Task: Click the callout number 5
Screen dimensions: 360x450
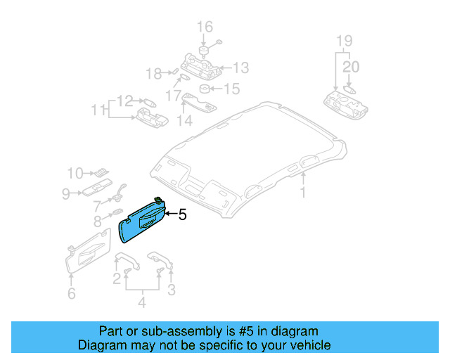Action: [183, 216]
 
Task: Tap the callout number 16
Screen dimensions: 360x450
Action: [205, 27]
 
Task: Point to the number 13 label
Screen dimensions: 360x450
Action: [241, 67]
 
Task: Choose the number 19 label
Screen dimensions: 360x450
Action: [342, 39]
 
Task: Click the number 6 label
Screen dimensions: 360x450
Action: [71, 294]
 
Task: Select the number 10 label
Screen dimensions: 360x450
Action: [75, 172]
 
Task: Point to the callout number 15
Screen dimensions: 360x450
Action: [231, 89]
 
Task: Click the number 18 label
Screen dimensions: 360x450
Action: [153, 73]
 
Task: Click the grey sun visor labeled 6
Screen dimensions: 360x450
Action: [86, 254]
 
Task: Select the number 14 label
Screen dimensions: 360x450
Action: [184, 120]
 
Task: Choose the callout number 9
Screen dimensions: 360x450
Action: [65, 193]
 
